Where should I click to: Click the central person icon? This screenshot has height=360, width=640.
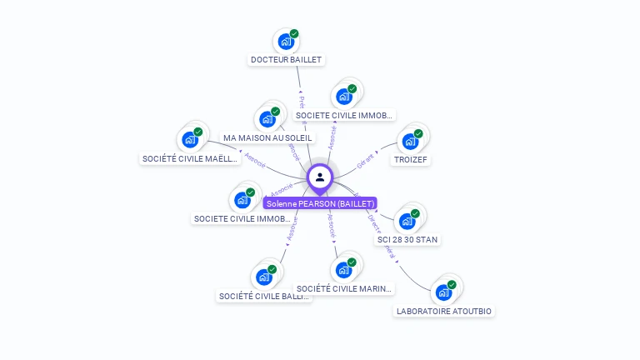tap(320, 177)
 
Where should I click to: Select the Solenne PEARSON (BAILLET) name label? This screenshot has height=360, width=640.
tap(321, 203)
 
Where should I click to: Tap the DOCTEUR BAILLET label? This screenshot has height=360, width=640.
tap(286, 60)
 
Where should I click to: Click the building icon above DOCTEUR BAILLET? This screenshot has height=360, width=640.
tap(286, 42)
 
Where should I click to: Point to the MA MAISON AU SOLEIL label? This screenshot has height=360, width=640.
tap(267, 137)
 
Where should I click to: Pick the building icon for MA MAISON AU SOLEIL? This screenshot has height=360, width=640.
tap(267, 119)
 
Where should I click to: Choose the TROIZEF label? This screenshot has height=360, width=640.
tap(411, 159)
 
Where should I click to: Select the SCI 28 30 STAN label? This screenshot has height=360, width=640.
tap(407, 240)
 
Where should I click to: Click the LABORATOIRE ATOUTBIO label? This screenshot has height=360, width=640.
tap(443, 311)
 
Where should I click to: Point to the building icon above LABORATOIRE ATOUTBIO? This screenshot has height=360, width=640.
tap(442, 292)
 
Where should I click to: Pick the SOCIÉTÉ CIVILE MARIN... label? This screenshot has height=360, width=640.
tap(343, 289)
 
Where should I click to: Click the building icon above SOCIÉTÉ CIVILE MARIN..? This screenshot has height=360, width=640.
tap(342, 270)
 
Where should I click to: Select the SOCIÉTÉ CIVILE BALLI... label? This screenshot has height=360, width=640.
tap(263, 296)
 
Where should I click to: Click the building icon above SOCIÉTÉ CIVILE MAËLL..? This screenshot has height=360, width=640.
tap(189, 140)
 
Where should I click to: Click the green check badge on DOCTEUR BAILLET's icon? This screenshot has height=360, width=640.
tap(294, 34)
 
